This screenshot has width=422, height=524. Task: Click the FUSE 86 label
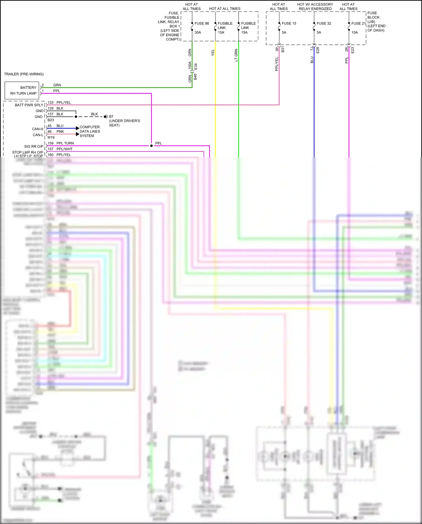[202, 23]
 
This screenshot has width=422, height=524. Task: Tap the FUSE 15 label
[289, 23]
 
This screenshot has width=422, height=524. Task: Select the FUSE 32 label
[324, 23]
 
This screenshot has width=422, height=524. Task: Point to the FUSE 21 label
[358, 23]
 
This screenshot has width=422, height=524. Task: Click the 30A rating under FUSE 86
[198, 32]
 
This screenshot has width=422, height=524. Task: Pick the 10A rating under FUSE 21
[354, 32]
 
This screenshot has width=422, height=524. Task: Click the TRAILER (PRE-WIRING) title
[24, 74]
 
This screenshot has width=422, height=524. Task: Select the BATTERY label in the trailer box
[28, 88]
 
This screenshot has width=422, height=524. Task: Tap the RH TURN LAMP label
[23, 93]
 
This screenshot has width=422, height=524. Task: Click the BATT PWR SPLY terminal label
[29, 105]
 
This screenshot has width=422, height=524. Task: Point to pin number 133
[51, 102]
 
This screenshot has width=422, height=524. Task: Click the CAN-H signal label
[38, 129]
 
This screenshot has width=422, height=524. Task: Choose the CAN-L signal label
[38, 135]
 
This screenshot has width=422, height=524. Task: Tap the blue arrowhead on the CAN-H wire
[78, 128]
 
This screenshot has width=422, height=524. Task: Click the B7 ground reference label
[111, 116]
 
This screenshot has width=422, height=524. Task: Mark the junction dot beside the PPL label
[151, 146]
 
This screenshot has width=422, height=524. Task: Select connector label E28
[318, 50]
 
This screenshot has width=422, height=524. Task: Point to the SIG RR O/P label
[34, 146]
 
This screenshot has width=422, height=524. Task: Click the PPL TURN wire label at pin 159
[65, 143]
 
